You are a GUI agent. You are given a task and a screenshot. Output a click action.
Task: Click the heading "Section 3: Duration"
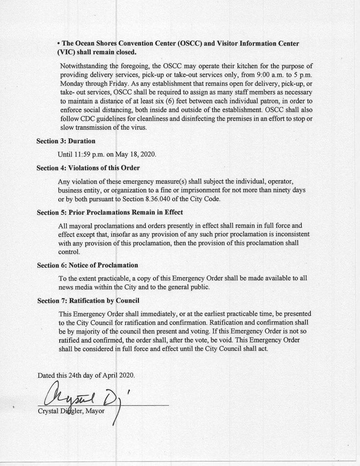point(66,141)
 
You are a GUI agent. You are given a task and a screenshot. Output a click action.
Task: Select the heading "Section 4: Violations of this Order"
point(88,167)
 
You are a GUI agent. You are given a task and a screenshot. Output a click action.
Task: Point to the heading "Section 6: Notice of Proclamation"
point(87,265)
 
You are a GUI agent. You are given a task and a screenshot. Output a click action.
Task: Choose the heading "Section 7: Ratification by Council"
point(88,300)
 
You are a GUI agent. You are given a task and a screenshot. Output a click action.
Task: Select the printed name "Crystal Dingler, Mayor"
point(71,411)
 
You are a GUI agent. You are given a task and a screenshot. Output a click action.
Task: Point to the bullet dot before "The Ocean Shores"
point(59,44)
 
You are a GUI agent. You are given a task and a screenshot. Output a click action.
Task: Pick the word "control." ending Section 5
point(69,252)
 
